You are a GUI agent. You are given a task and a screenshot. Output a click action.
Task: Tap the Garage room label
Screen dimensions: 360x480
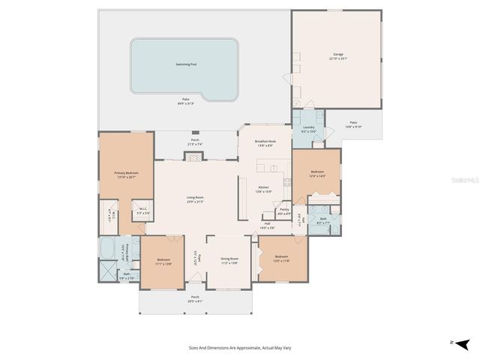[x=337, y=54]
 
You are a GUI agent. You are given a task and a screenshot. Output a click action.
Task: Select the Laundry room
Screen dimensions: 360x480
[x=308, y=127]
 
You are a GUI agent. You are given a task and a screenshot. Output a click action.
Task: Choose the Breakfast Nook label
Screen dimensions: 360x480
[x=263, y=142]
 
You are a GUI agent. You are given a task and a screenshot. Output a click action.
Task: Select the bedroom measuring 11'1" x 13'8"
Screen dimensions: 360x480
[x=163, y=262]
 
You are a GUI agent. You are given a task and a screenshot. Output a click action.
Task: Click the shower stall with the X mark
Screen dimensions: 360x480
[x=106, y=273]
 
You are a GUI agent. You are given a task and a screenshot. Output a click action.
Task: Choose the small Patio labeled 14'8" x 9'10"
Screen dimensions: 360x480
[x=353, y=124]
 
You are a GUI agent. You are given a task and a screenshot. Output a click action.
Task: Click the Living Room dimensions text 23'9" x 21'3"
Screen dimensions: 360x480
[x=195, y=202]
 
